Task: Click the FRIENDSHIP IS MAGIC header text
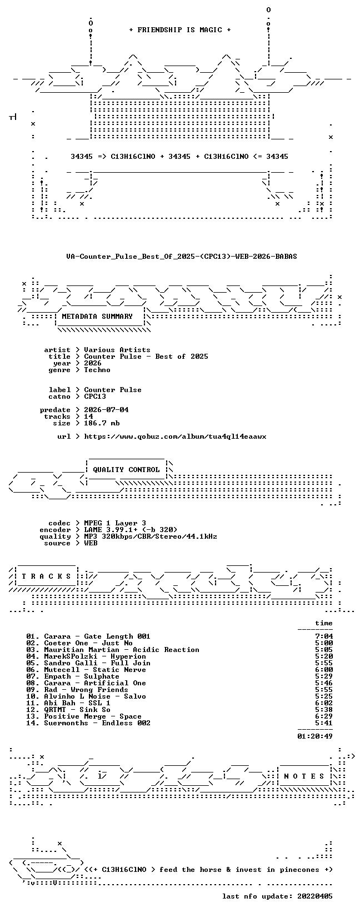point(180,30)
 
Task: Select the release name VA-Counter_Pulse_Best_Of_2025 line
point(182,257)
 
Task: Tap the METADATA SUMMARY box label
point(97,317)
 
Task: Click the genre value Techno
point(97,370)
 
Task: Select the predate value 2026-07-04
point(106,410)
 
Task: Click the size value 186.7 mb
point(102,423)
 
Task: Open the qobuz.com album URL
point(175,437)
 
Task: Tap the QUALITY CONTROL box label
point(126,469)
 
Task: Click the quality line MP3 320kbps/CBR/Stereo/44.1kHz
point(151,536)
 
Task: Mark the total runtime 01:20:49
point(315,736)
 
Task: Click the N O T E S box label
point(304,776)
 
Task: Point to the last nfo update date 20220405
point(315,896)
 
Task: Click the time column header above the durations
point(324,623)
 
